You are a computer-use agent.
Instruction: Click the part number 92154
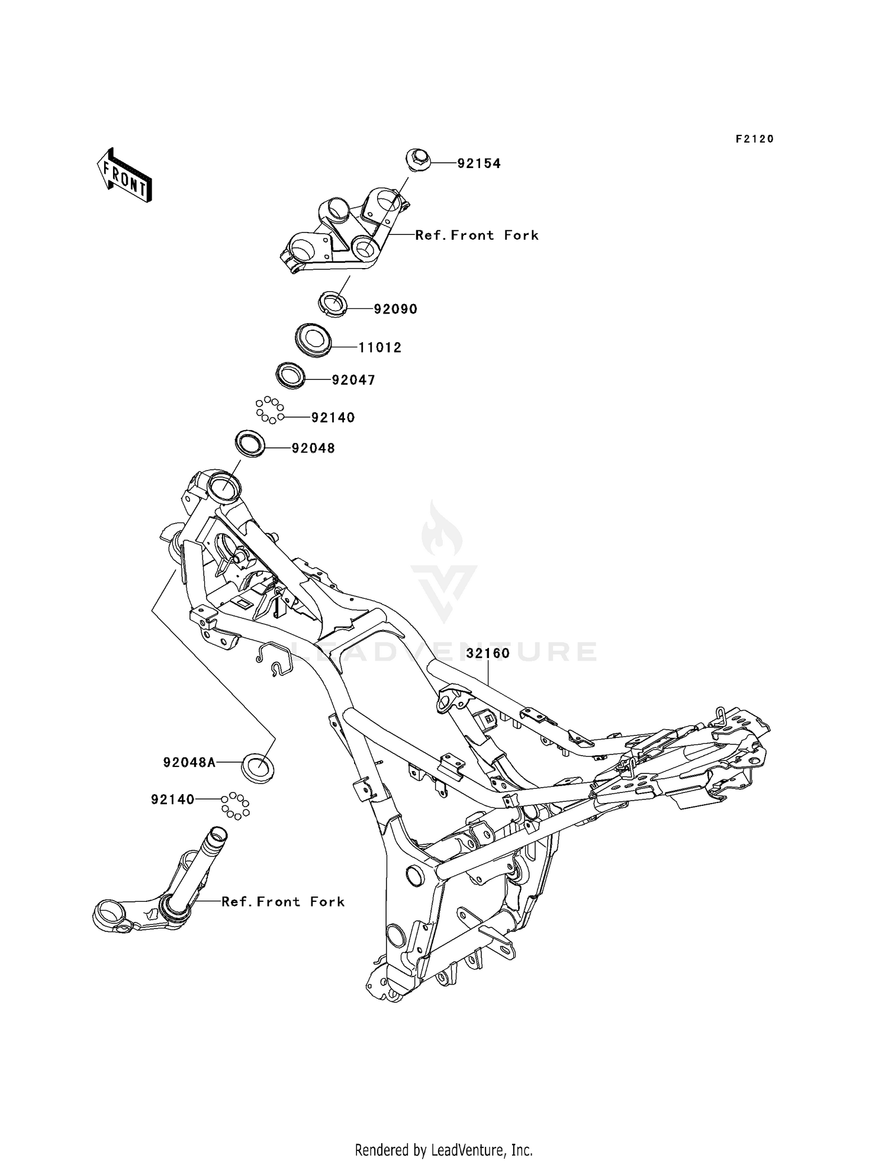478,163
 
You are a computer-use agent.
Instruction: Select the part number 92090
395,309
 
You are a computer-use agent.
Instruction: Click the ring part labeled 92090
333,304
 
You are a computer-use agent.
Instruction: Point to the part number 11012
380,347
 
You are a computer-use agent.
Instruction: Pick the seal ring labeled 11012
312,339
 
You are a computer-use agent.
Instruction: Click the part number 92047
353,380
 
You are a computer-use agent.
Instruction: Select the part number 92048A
189,763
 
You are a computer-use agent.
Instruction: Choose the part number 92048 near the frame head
313,449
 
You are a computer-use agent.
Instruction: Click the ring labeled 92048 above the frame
250,444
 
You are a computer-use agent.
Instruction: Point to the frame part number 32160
488,653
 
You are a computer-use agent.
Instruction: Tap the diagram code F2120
755,139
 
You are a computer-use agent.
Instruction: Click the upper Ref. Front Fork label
477,235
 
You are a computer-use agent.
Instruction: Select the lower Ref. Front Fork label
283,901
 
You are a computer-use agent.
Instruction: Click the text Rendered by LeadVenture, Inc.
443,1150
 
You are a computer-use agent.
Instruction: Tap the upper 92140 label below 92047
333,417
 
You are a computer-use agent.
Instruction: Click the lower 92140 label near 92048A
173,799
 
